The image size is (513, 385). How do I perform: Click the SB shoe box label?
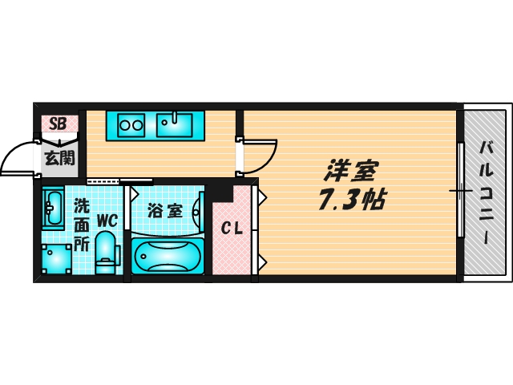pyautogui.click(x=58, y=124)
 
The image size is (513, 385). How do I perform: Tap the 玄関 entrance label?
pyautogui.click(x=58, y=157)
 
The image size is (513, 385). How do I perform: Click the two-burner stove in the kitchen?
pyautogui.click(x=130, y=124)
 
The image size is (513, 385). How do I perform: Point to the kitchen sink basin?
pyautogui.click(x=175, y=124)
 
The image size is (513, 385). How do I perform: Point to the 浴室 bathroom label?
pyautogui.click(x=166, y=211)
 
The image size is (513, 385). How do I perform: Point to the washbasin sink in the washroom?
pyautogui.click(x=54, y=209)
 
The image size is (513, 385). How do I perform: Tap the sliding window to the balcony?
pyautogui.click(x=460, y=190)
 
